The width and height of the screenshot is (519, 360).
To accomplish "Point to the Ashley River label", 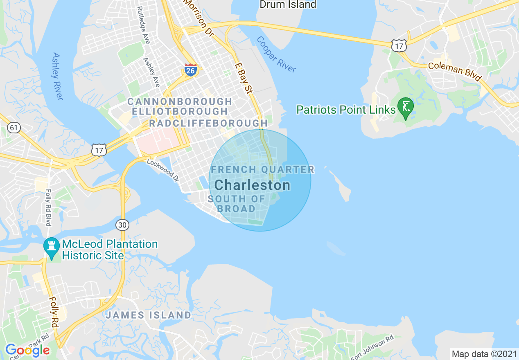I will click(x=58, y=76).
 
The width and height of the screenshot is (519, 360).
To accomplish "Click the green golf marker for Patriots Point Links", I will click(x=406, y=108).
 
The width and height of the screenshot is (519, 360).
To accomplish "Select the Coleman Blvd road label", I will click(x=455, y=72).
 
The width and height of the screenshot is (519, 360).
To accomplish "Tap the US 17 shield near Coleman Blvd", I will click(x=398, y=45).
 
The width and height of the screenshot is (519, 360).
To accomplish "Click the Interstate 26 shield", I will click(x=191, y=70).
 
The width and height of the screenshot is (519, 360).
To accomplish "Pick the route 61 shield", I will click(x=14, y=128).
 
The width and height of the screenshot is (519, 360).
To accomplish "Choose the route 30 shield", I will click(x=122, y=225).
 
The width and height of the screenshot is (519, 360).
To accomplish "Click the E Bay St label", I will click(x=244, y=78).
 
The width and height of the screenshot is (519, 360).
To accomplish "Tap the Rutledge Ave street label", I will click(x=144, y=25).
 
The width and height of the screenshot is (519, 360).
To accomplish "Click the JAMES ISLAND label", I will click(x=148, y=315).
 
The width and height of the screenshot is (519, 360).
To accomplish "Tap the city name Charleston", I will click(x=252, y=185).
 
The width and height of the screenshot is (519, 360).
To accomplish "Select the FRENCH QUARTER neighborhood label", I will click(x=262, y=169).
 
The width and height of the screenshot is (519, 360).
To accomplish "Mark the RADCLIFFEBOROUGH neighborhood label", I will click(x=208, y=123).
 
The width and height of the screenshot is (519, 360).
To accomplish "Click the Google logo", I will click(x=27, y=350).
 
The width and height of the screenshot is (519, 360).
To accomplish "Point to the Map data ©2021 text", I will click(x=484, y=354).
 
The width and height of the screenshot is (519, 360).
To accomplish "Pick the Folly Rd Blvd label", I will click(x=48, y=208).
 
